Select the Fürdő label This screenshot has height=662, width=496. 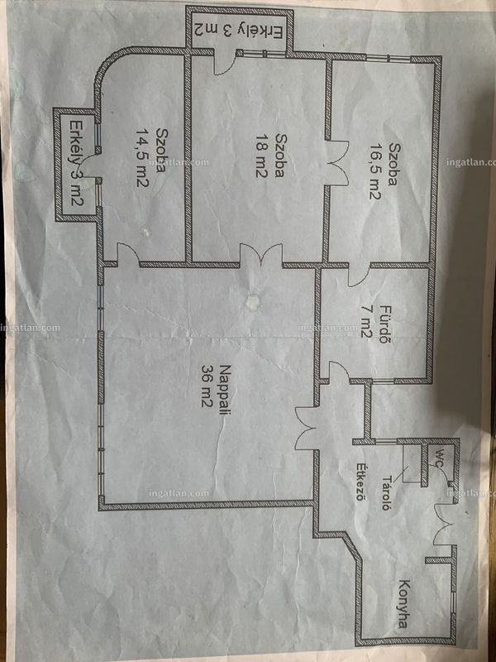pos(383,324)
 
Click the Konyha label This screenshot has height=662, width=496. pos(404,603)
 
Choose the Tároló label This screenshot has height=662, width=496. pos(385,493)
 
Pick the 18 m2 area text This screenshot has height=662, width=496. pos(261,156)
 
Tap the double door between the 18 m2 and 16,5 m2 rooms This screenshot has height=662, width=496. pos(337,162)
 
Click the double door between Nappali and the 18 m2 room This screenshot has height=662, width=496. pos(261,254)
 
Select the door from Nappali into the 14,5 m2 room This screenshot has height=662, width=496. pos(128,255)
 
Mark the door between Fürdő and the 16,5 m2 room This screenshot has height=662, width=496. pos(359,276)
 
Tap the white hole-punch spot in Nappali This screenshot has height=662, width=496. pos(252,301)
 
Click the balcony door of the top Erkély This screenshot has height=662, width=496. pos(224,63)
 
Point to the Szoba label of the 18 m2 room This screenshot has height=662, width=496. pos(280,156)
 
